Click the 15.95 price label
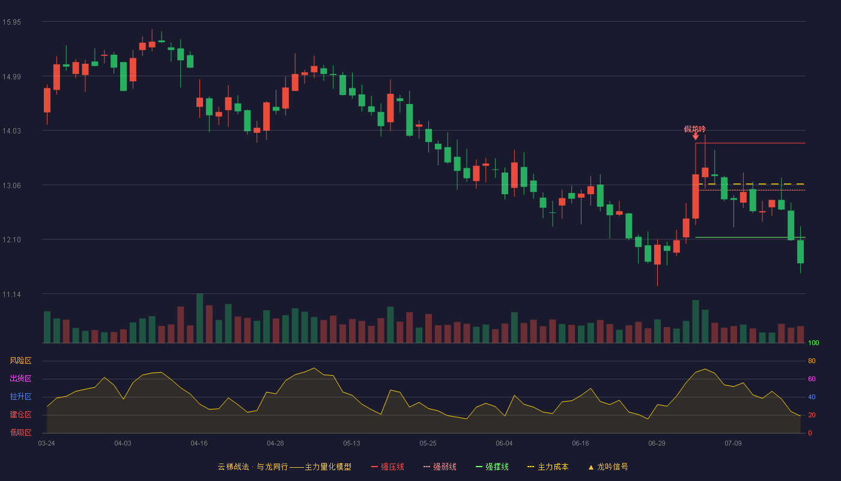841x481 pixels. pyautogui.click(x=11, y=22)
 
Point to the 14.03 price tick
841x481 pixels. pyautogui.click(x=11, y=131)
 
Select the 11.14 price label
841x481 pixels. pyautogui.click(x=11, y=294)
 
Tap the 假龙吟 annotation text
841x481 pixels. pyautogui.click(x=695, y=129)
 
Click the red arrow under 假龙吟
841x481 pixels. pyautogui.click(x=696, y=137)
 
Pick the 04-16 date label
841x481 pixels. pyautogui.click(x=199, y=444)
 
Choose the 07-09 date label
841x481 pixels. pyautogui.click(x=733, y=444)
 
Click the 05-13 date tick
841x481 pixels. pyautogui.click(x=351, y=444)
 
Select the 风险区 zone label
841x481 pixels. pyautogui.click(x=20, y=361)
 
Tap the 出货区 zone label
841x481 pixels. pyautogui.click(x=20, y=378)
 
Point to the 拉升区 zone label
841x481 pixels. pyautogui.click(x=20, y=396)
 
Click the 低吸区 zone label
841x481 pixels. pyautogui.click(x=20, y=432)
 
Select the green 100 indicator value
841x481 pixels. pyautogui.click(x=813, y=343)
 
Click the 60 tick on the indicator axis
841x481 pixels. pyautogui.click(x=812, y=379)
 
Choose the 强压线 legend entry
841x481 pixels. pyautogui.click(x=387, y=467)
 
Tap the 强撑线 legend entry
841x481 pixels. pyautogui.click(x=492, y=467)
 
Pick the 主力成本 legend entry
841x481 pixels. pyautogui.click(x=548, y=467)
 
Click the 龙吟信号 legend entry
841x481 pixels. pyautogui.click(x=608, y=467)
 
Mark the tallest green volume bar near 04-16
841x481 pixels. pyautogui.click(x=199, y=318)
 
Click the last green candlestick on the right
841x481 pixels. pyautogui.click(x=800, y=251)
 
